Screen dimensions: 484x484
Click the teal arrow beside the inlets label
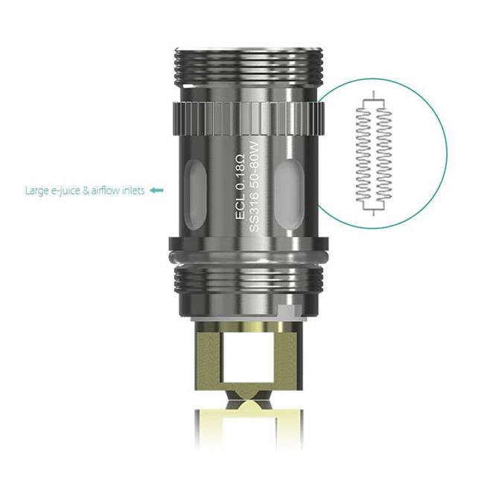tap(156, 191)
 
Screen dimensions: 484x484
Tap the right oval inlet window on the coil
tap(287, 190)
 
